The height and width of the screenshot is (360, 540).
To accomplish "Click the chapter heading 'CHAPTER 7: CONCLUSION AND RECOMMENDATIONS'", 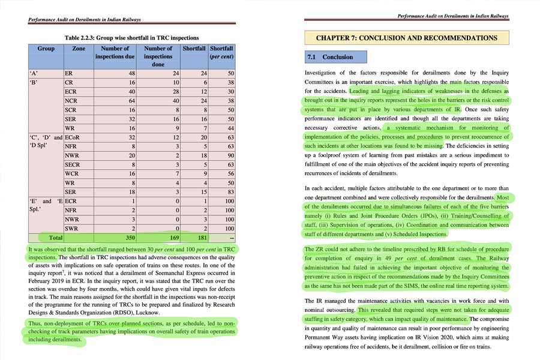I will pos(406,38).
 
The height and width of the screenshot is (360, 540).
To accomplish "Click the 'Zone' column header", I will pos(79,48).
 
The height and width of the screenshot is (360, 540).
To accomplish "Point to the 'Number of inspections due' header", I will pos(115,52).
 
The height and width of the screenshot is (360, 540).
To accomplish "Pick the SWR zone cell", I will pos(72,229).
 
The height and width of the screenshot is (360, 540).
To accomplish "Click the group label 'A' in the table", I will pos(35,73).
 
